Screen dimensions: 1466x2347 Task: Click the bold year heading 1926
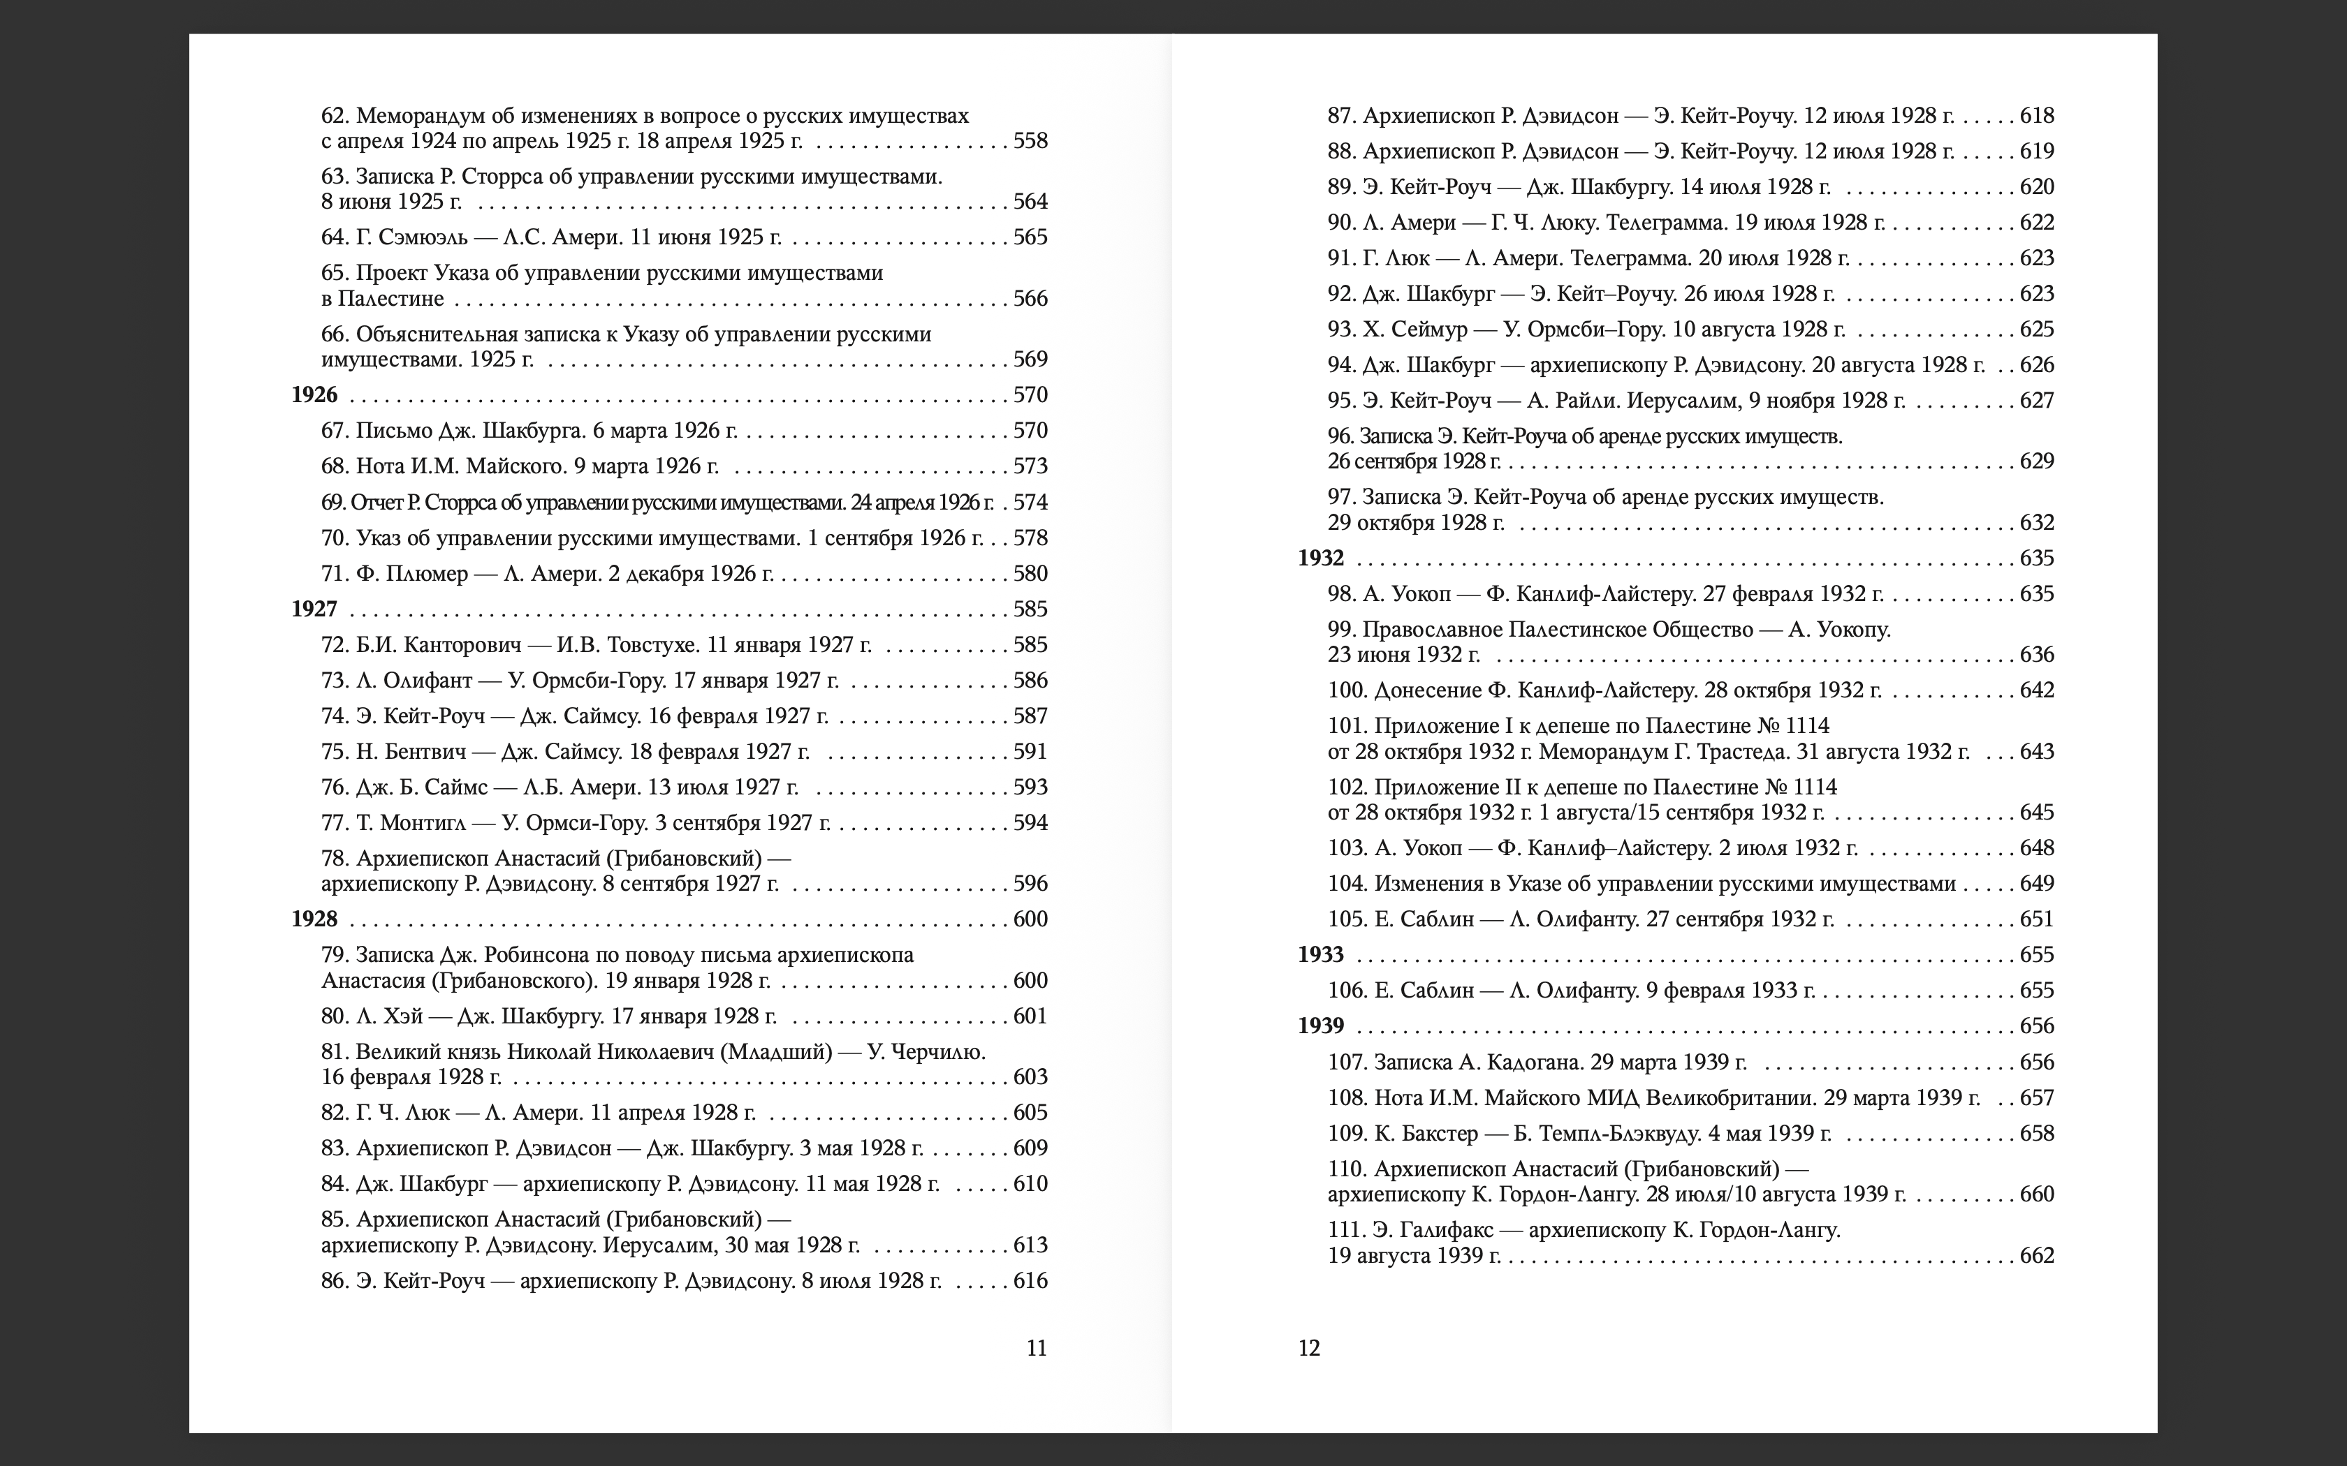[314, 394]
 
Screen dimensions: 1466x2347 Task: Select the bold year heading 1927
[314, 609]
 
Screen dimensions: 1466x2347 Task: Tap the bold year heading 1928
[314, 919]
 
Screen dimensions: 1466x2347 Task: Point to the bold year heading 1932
[1321, 558]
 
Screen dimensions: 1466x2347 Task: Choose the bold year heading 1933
[1321, 955]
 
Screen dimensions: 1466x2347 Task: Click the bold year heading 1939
[1321, 1026]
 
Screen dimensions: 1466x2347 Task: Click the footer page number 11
[1037, 1349]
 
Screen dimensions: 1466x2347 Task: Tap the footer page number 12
[1309, 1349]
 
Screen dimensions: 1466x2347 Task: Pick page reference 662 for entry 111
[2037, 1257]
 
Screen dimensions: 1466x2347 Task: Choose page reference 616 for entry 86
[1030, 1281]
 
